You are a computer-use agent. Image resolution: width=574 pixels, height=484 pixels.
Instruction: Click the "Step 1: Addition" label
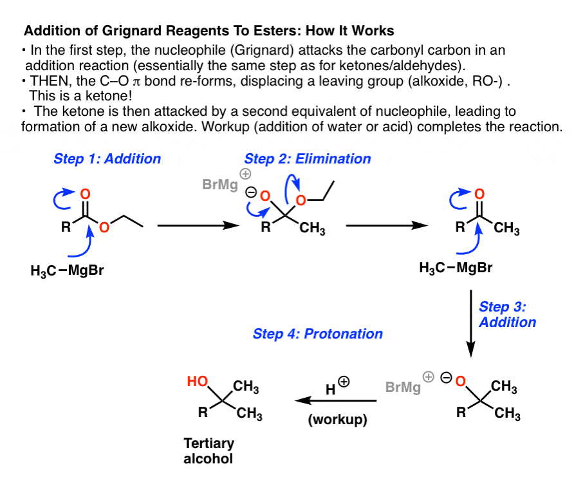(x=107, y=159)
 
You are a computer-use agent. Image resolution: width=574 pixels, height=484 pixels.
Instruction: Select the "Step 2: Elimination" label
(x=308, y=159)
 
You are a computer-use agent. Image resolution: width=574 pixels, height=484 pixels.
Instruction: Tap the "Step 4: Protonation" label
(x=318, y=334)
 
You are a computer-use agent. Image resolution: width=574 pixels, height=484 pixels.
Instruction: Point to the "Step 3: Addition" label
(x=507, y=315)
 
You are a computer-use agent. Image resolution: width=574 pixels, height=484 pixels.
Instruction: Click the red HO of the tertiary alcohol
(x=198, y=382)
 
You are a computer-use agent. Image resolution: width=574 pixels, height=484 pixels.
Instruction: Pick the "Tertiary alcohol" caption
(x=208, y=451)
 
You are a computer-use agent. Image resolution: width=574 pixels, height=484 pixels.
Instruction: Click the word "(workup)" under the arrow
(x=338, y=420)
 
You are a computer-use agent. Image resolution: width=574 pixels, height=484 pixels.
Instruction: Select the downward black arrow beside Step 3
(x=471, y=324)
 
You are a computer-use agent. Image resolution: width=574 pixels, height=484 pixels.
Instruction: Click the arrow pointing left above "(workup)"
(x=336, y=400)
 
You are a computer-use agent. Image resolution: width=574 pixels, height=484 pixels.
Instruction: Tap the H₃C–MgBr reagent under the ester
(x=68, y=271)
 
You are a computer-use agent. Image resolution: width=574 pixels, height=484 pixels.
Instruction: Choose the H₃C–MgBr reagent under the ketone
(x=456, y=268)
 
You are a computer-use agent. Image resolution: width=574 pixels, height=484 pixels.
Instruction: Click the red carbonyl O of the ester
(x=86, y=194)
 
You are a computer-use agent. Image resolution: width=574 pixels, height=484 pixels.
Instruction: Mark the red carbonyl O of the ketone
(x=479, y=194)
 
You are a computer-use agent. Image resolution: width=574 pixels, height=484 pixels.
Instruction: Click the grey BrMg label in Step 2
(x=220, y=184)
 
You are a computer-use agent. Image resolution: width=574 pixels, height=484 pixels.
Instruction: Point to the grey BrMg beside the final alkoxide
(x=403, y=387)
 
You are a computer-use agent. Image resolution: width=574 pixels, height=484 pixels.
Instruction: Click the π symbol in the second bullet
(x=136, y=82)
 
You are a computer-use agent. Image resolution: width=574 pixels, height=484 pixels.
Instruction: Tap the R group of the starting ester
(x=66, y=227)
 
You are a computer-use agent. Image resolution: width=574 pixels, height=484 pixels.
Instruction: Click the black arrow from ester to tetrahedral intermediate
(x=198, y=225)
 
